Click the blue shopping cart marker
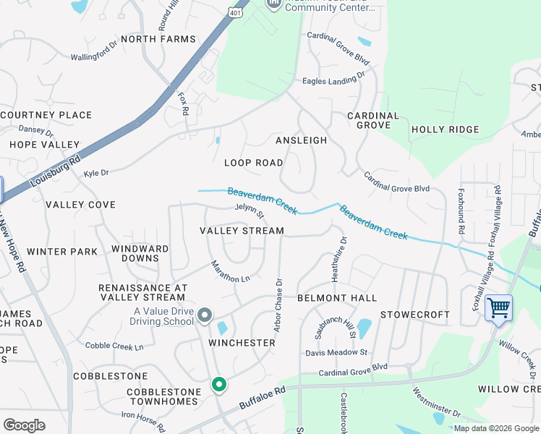(x=498, y=307)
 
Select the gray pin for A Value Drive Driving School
(x=205, y=315)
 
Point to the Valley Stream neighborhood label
(x=242, y=231)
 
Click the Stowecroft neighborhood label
(x=415, y=315)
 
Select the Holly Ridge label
(x=445, y=129)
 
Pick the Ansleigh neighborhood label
(x=301, y=140)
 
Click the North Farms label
(x=158, y=39)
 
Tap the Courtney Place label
(x=46, y=115)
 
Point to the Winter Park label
(x=62, y=252)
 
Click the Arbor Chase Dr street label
(x=277, y=303)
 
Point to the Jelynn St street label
(x=250, y=210)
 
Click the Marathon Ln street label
(x=230, y=271)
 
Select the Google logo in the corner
(x=24, y=425)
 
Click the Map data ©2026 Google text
(x=495, y=428)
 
